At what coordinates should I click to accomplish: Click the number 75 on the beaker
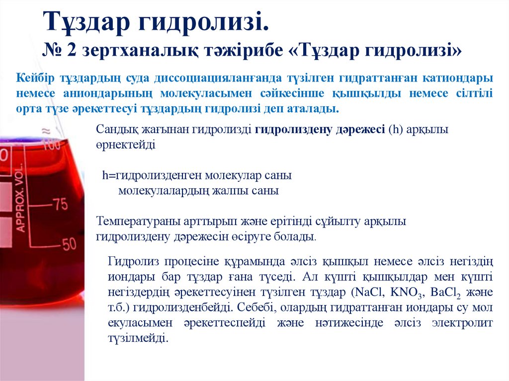60,204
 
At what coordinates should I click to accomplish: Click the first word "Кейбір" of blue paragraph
36,78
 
